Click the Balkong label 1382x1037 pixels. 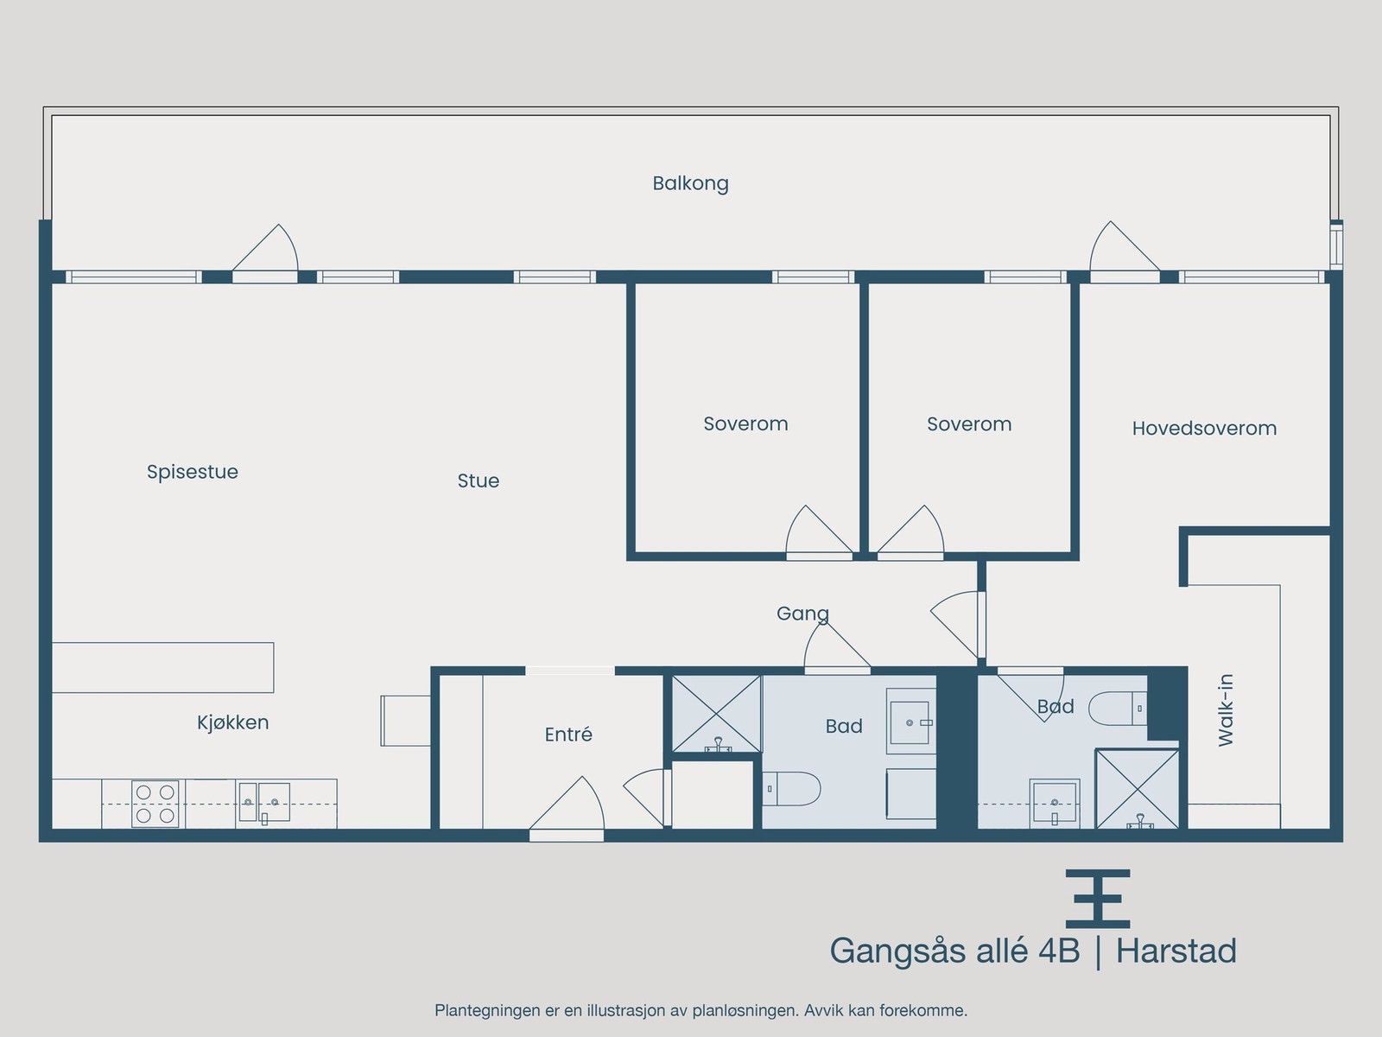(690, 183)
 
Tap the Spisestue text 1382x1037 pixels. (192, 472)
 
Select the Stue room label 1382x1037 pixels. (478, 480)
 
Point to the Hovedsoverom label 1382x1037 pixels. (1204, 428)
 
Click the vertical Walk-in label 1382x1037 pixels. (1226, 709)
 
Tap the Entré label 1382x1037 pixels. (568, 735)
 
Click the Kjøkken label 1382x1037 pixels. (232, 722)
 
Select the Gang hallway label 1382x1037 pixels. (802, 614)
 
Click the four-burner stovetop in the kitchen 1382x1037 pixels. (155, 804)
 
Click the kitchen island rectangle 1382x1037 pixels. (162, 667)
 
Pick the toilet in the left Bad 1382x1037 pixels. (791, 788)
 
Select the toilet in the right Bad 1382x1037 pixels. (1117, 709)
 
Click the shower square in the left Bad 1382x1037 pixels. (716, 714)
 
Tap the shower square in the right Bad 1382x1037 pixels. (1137, 789)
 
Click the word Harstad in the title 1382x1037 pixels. (1176, 951)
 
